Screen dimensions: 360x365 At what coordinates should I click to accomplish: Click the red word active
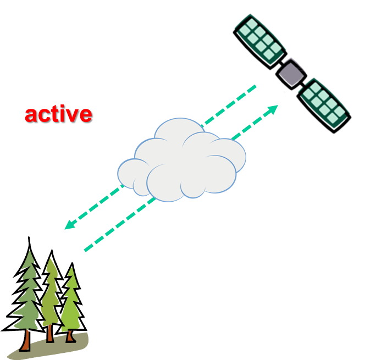pyautogui.click(x=58, y=114)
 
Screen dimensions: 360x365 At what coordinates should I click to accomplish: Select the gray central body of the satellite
pyautogui.click(x=291, y=73)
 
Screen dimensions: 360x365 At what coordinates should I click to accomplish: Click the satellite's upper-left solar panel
pyautogui.click(x=259, y=37)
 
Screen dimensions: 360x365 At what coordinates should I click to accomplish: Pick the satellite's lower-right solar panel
pyautogui.click(x=325, y=103)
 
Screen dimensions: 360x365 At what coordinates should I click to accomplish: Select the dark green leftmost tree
pyautogui.click(x=27, y=297)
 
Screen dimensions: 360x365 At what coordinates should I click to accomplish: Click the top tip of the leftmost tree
pyautogui.click(x=29, y=252)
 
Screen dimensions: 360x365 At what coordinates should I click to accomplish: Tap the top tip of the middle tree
pyautogui.click(x=51, y=259)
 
